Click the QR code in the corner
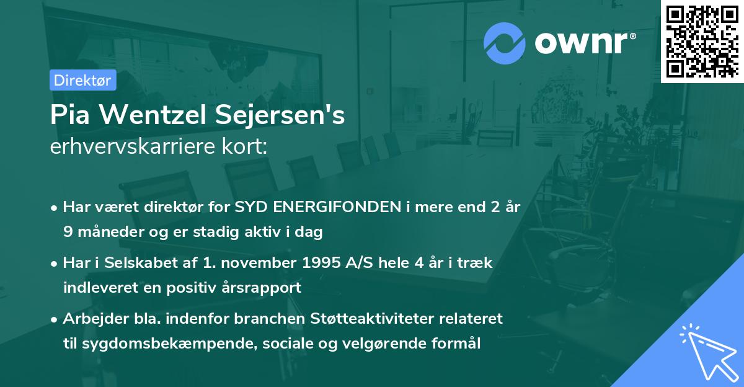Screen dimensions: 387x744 pos(702,41)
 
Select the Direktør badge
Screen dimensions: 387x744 pos(82,80)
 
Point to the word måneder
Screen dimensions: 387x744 pos(105,233)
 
